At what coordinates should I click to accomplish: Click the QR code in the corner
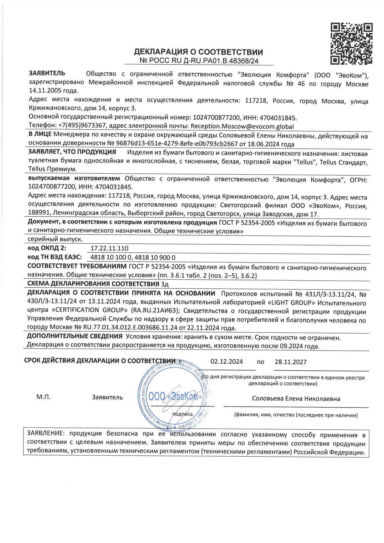coord(351,44)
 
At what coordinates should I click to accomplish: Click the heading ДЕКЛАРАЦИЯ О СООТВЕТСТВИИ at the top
coord(198,52)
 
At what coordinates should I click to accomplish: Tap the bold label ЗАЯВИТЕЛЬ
coord(47,73)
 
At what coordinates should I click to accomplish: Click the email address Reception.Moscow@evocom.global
coord(242,126)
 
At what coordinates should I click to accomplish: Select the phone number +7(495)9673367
coord(82,125)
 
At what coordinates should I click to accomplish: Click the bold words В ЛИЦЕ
coord(40,134)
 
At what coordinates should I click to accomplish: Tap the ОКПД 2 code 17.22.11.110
coord(109,248)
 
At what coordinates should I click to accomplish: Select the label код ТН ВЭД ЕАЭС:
coord(55,257)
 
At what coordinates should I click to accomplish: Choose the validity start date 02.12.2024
coord(227,362)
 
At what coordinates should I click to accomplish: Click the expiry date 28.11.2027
coord(290,362)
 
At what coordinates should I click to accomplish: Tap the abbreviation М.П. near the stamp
coord(43,397)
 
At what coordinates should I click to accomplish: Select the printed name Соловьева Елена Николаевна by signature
coord(296,399)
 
